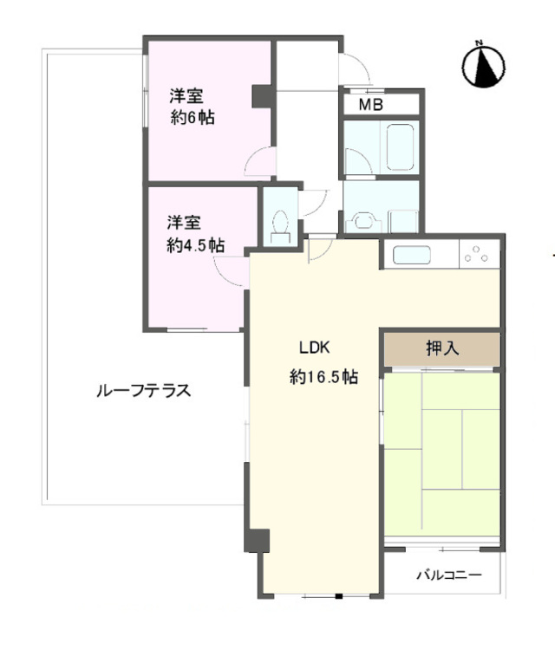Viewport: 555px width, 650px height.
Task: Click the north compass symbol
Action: tap(483, 66)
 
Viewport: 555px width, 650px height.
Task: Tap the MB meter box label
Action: tap(371, 105)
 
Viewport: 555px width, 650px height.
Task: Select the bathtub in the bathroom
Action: tap(400, 147)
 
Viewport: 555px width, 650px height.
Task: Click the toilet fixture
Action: tap(281, 227)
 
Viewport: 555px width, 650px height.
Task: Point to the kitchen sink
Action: tap(413, 255)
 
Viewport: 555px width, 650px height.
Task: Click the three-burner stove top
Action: tap(479, 254)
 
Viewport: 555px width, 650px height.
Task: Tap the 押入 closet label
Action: tap(442, 348)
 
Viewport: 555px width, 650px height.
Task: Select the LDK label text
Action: tap(315, 348)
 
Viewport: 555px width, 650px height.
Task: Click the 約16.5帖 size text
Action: tap(323, 377)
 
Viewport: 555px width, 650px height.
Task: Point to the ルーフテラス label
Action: tap(144, 391)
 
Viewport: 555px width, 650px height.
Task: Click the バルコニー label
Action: tap(449, 575)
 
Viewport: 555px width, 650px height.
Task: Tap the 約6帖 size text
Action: tap(193, 118)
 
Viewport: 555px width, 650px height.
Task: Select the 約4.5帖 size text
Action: tap(196, 245)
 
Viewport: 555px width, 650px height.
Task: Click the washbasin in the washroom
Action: tap(363, 220)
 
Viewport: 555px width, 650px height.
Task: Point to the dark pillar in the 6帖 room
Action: tap(262, 96)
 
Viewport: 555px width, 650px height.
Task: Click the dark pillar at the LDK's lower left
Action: tap(257, 541)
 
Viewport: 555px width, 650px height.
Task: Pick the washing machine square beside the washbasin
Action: tap(403, 221)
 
